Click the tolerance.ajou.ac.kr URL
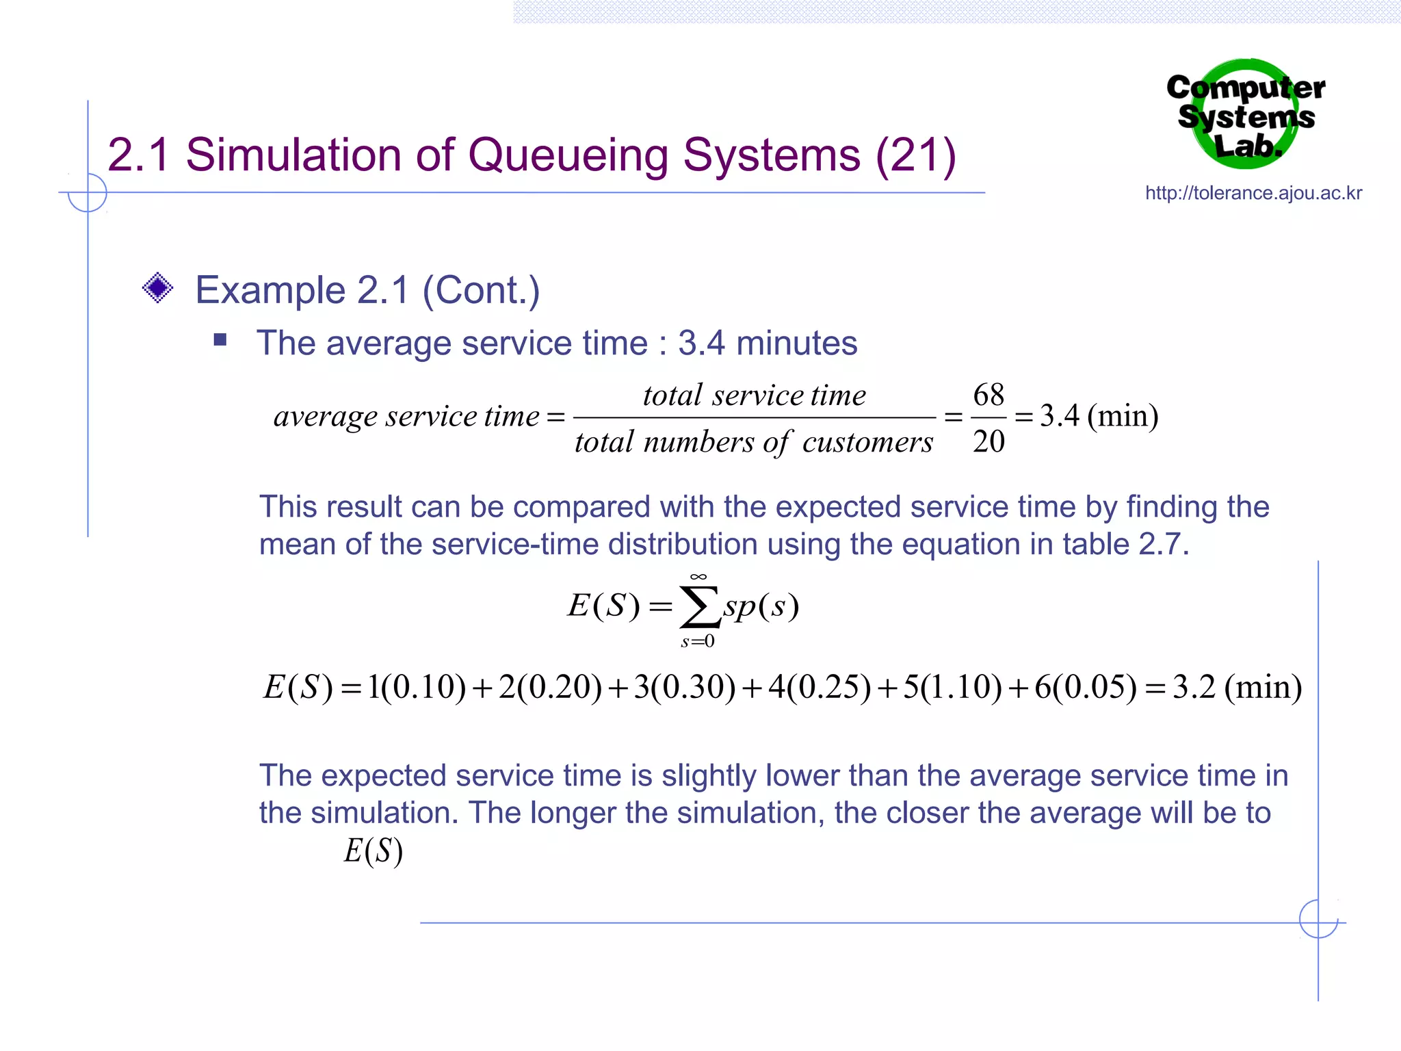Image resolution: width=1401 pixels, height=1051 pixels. coord(1253,193)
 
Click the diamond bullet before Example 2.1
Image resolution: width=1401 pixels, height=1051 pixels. coord(157,288)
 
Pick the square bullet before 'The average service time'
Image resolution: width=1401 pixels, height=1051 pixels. coord(220,340)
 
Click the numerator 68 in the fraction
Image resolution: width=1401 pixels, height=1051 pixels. coord(988,395)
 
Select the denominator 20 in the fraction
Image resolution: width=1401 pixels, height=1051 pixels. coord(988,441)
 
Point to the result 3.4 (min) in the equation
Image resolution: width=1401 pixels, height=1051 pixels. coord(1099,416)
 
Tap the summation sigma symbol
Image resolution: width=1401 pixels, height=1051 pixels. coord(699,607)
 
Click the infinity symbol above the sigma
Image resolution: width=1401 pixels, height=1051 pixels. coord(698,577)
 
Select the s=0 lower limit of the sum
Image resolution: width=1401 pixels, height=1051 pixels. coord(698,641)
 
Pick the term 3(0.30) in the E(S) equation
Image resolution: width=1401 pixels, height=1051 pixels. coord(684,687)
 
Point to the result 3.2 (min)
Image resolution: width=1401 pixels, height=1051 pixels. coord(1237,687)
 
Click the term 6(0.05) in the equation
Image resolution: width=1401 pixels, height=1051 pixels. coord(1085,687)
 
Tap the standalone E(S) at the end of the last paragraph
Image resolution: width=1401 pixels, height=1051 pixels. coord(373,851)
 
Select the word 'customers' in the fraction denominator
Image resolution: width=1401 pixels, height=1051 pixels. coord(867,443)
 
